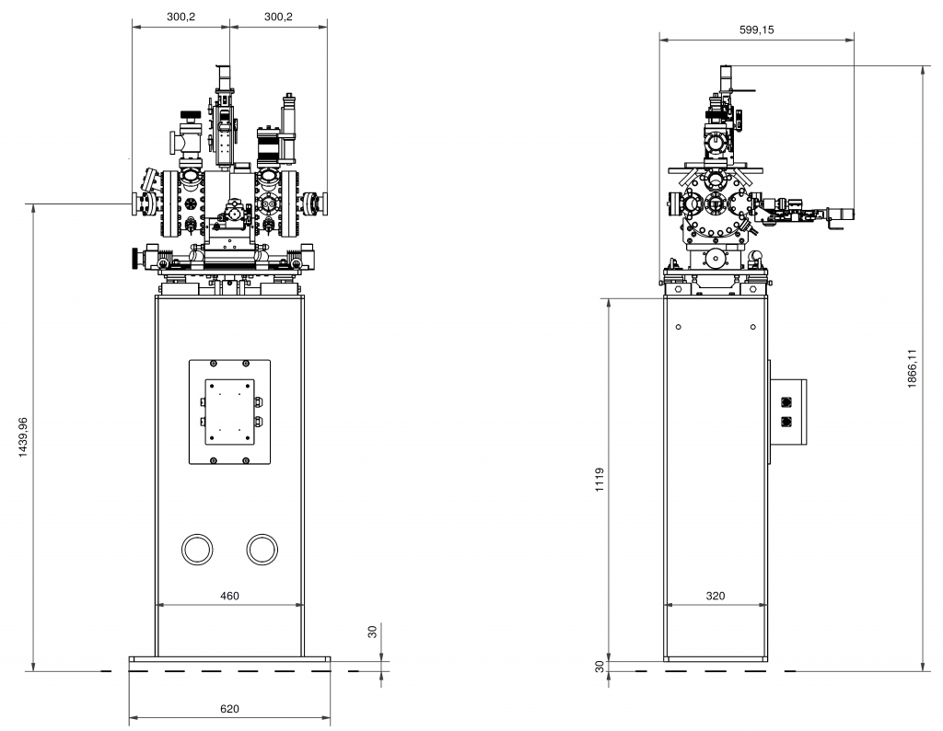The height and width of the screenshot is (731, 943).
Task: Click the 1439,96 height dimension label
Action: click(23, 437)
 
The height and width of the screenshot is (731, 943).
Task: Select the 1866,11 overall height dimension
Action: click(912, 368)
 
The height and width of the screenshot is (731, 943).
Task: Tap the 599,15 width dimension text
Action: click(757, 29)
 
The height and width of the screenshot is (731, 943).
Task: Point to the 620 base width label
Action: click(229, 709)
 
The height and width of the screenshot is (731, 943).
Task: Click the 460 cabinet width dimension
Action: click(229, 596)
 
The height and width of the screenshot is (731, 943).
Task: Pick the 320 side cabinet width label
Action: click(715, 596)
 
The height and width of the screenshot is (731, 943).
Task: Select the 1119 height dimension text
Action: click(600, 480)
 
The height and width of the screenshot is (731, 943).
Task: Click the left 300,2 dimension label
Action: click(181, 17)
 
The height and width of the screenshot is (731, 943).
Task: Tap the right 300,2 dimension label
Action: click(278, 17)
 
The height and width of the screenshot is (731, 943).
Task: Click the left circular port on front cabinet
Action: click(197, 550)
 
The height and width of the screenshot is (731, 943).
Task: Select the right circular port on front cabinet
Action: click(262, 550)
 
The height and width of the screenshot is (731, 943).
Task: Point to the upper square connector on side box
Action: click(786, 402)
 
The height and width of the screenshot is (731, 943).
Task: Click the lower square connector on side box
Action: click(786, 422)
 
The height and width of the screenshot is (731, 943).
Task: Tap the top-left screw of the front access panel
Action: click(213, 364)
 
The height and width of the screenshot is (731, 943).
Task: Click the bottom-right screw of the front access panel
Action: click(245, 460)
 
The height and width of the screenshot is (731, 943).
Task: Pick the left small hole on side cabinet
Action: click(679, 327)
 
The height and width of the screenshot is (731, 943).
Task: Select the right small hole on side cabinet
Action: click(753, 327)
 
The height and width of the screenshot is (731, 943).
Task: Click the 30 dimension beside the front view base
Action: click(372, 632)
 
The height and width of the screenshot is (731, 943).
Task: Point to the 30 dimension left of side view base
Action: click(600, 666)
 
